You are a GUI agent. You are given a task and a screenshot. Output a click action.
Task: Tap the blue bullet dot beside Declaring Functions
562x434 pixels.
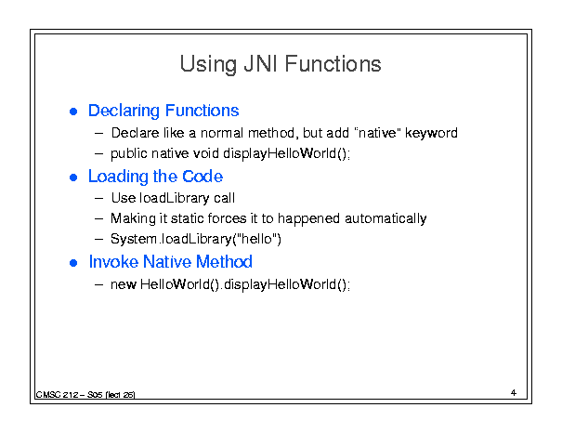coord(73,112)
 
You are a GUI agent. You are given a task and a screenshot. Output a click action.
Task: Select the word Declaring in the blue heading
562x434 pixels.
coord(124,112)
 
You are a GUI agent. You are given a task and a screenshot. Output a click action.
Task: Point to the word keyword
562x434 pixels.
coord(431,133)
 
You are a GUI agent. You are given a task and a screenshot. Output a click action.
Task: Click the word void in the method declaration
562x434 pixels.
coord(206,153)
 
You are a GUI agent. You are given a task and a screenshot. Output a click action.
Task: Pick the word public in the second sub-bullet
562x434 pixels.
coord(129,154)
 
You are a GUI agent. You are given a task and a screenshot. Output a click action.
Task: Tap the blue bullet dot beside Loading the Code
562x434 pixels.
coord(73,178)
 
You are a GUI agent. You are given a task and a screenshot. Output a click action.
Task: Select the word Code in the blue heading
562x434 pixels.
coord(203,177)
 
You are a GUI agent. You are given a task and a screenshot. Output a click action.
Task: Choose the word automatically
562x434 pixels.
coord(386,218)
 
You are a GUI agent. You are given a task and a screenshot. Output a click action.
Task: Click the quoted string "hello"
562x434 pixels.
coord(256,239)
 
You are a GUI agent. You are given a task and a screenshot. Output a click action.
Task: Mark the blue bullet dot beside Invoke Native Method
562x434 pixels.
coord(73,263)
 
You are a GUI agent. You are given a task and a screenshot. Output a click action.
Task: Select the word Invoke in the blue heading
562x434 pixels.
coord(113,262)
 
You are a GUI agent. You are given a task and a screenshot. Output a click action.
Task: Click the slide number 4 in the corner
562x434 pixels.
coord(514,393)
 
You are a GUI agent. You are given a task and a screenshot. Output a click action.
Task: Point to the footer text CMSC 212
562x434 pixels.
coord(57,395)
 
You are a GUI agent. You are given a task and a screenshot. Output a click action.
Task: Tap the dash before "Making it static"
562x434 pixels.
coord(98,218)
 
